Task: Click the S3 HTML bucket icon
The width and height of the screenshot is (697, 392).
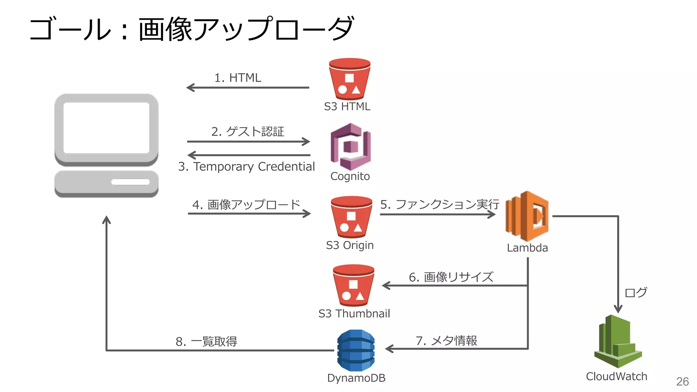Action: pyautogui.click(x=350, y=79)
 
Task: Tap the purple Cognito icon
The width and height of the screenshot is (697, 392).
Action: pyautogui.click(x=351, y=147)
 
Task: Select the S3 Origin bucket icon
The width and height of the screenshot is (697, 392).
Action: pyautogui.click(x=351, y=217)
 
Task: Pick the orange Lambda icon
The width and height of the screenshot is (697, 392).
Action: pyautogui.click(x=527, y=216)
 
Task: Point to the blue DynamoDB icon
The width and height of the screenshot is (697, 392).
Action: pyautogui.click(x=356, y=350)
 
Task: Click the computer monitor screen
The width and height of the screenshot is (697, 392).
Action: pyautogui.click(x=106, y=128)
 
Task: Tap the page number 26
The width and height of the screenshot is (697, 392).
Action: pyautogui.click(x=682, y=381)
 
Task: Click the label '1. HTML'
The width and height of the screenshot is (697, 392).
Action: pyautogui.click(x=238, y=78)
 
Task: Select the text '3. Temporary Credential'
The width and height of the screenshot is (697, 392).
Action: pyautogui.click(x=246, y=166)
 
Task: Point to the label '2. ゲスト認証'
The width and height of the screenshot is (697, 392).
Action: pyautogui.click(x=247, y=131)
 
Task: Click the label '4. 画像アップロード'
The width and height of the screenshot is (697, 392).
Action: pyautogui.click(x=246, y=205)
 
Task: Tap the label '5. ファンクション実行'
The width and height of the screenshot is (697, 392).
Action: pyautogui.click(x=439, y=204)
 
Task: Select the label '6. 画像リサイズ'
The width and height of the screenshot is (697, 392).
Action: pyautogui.click(x=451, y=277)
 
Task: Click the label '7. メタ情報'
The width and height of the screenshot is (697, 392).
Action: pyautogui.click(x=446, y=341)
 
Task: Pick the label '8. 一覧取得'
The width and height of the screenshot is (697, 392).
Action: pyautogui.click(x=206, y=341)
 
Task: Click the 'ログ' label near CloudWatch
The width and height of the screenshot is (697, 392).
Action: pyautogui.click(x=636, y=292)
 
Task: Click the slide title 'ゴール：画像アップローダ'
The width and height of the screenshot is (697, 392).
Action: pyautogui.click(x=192, y=29)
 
